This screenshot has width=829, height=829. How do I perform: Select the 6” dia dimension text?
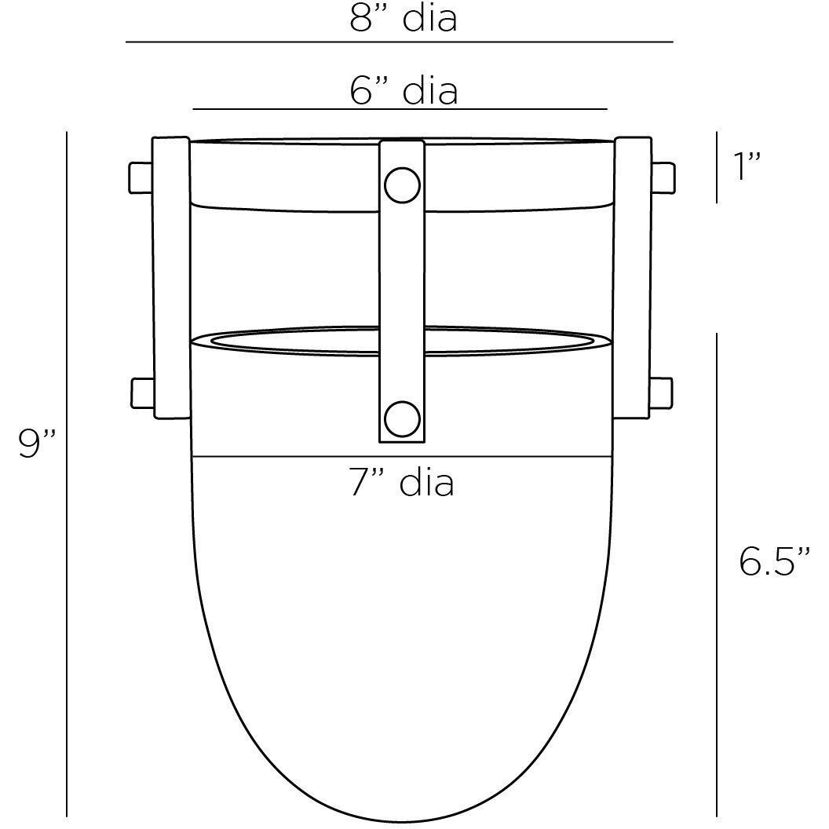tap(403, 91)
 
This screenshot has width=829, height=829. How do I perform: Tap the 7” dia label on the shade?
tap(402, 483)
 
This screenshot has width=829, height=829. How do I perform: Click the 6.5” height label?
tap(774, 561)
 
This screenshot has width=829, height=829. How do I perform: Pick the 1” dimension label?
tap(747, 167)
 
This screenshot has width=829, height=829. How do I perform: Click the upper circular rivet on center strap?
tap(402, 185)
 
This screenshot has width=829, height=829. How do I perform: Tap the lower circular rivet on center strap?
tap(402, 418)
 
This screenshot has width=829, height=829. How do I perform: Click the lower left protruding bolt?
tap(141, 393)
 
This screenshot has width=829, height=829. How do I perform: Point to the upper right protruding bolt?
tap(663, 177)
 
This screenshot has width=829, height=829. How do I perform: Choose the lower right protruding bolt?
tap(661, 393)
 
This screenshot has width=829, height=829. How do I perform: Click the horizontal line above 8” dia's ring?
tap(399, 42)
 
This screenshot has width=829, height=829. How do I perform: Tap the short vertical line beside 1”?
tap(716, 167)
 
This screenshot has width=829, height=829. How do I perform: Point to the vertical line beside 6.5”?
tap(716, 574)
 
